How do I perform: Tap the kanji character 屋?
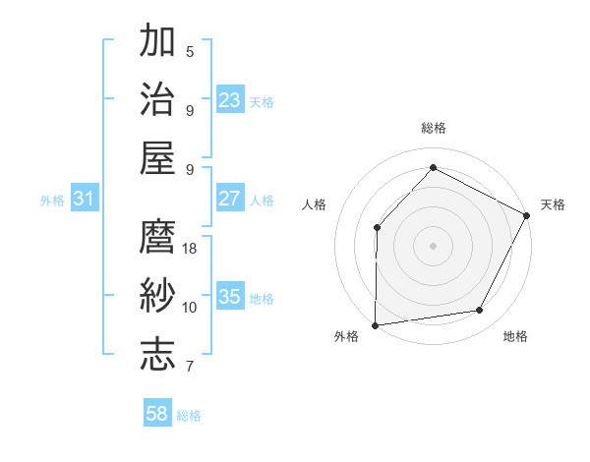coord(158,157)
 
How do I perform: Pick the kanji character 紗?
coord(158,295)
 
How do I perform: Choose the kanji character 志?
coord(158,354)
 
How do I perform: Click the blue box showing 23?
coord(229,99)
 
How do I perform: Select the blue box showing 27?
coord(229,199)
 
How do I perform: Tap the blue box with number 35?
coord(229,297)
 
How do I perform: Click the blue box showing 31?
coord(84,199)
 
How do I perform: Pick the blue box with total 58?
coord(157,414)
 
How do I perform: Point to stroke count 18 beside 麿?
coord(190,248)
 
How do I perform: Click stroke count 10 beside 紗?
coord(190,307)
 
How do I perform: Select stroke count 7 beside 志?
coord(190,367)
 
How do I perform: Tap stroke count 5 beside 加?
coord(190,51)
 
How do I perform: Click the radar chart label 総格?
coord(433,128)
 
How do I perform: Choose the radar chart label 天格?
coord(553,204)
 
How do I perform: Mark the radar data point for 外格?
coord(375,324)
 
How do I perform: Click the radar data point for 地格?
coord(480,311)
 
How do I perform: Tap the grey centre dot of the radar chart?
coord(433,245)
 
